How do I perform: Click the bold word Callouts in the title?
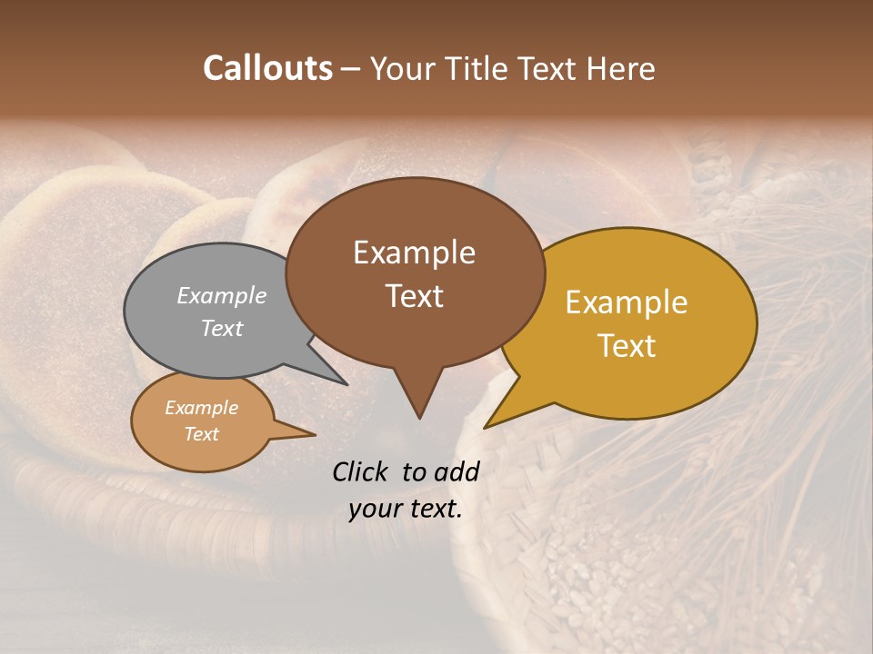[x=267, y=68]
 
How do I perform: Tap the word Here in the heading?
[x=621, y=68]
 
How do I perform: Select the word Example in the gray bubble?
[x=222, y=295]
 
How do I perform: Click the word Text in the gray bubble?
[x=222, y=328]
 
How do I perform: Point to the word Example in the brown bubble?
[x=414, y=253]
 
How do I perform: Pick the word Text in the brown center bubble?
[x=414, y=296]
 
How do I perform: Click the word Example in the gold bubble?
[x=627, y=302]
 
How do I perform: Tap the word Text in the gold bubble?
[x=627, y=346]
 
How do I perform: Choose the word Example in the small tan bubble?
[x=201, y=408]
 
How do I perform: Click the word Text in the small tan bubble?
[x=201, y=434]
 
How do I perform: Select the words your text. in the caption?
[x=406, y=509]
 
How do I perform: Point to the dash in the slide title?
[x=351, y=68]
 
